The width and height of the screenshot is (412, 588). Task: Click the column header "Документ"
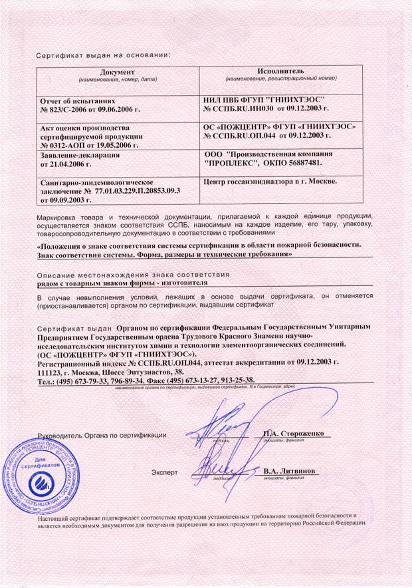click(x=116, y=71)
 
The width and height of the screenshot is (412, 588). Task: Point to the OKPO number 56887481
click(x=300, y=162)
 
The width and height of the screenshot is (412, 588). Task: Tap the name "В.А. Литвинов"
click(x=290, y=471)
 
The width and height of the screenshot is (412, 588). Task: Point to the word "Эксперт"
click(x=165, y=472)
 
